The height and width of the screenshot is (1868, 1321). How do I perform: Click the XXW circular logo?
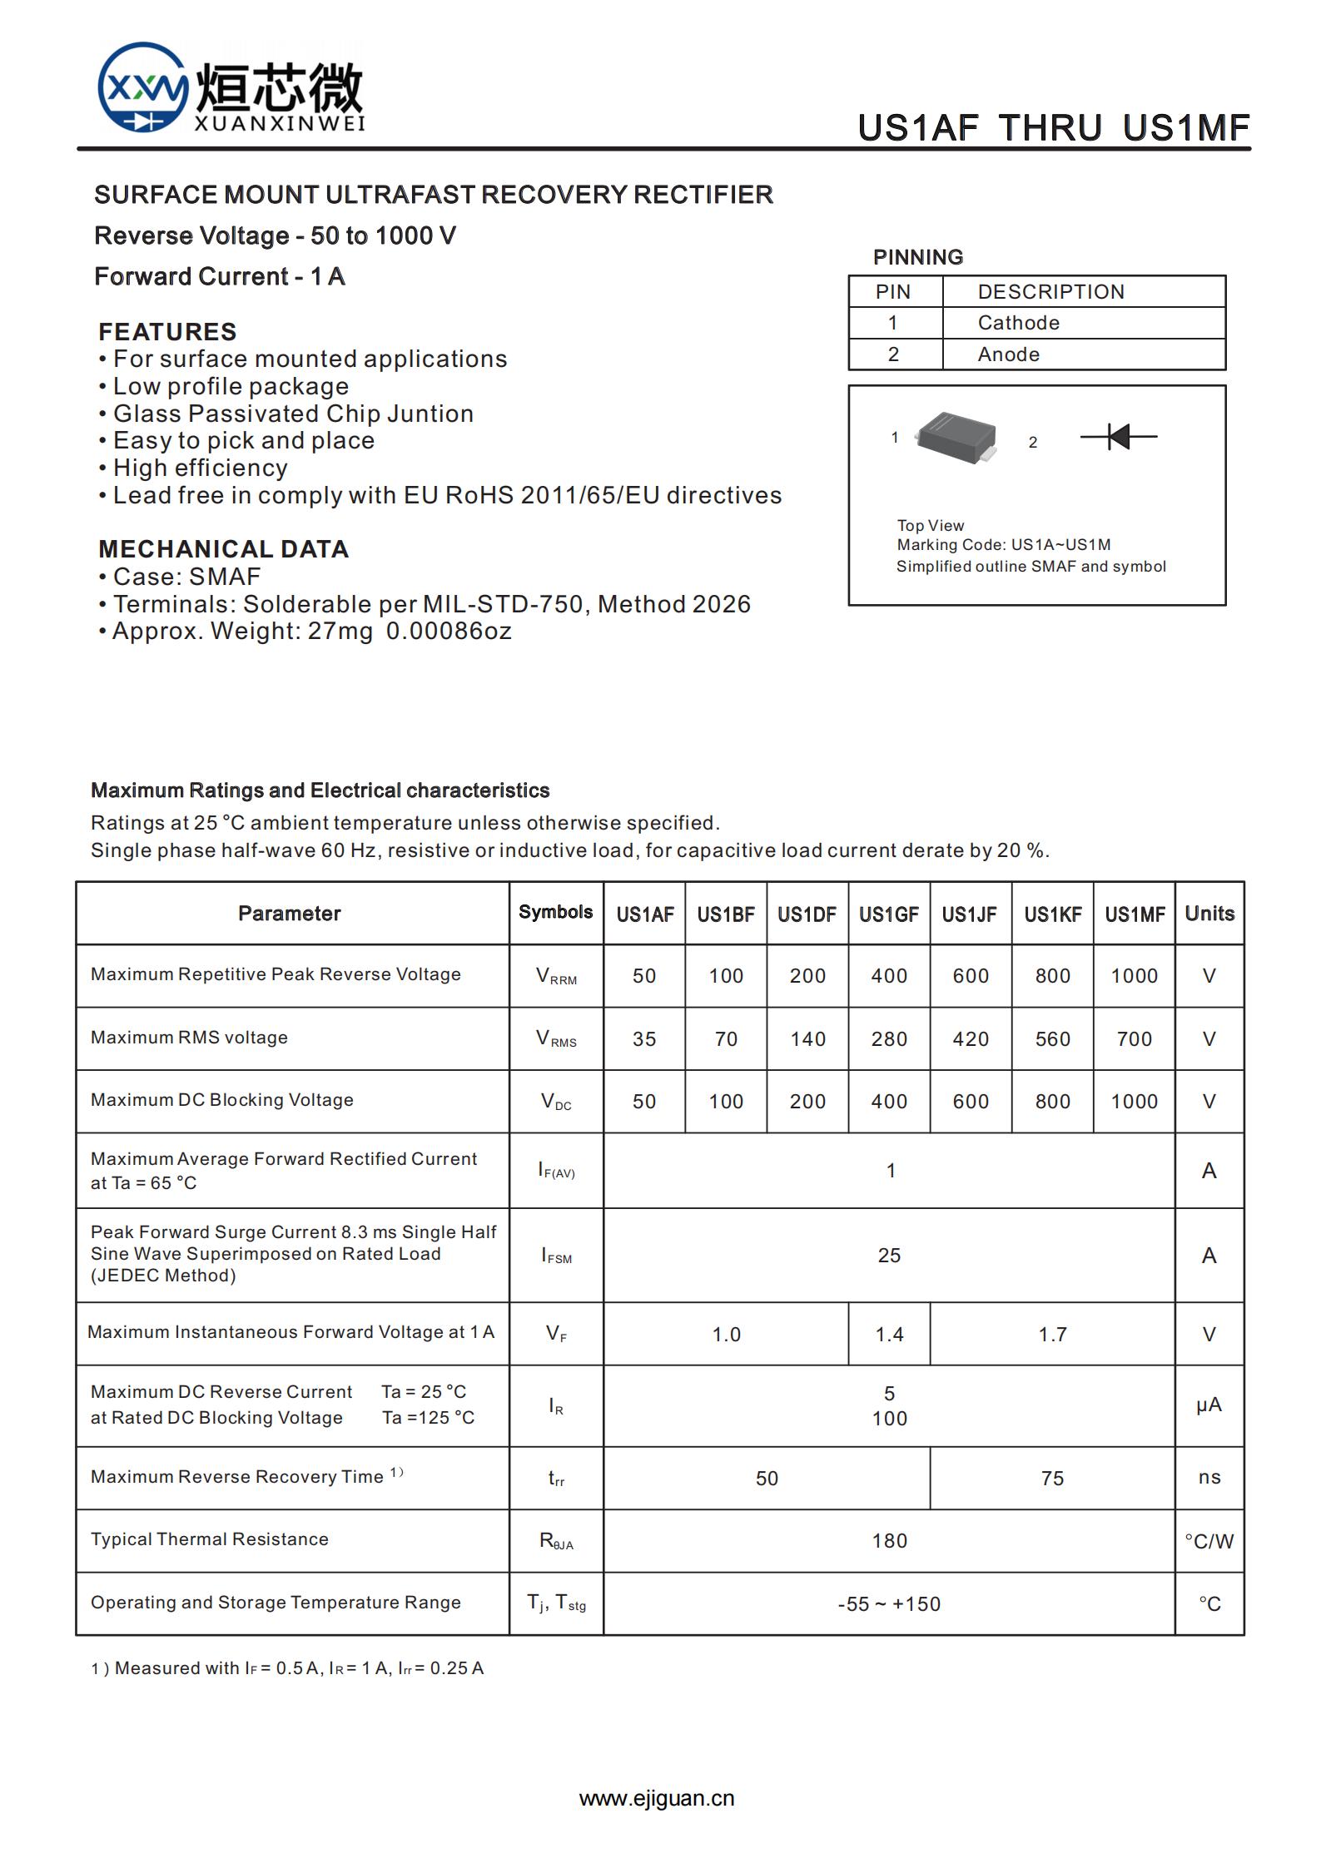click(142, 87)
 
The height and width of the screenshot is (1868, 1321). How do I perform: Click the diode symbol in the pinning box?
click(1119, 436)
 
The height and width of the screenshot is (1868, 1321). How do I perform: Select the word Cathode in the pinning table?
click(1018, 323)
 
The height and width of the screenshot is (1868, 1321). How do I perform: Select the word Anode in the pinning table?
click(1008, 354)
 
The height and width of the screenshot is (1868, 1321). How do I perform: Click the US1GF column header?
click(889, 914)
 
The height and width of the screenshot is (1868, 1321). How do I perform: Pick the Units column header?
click(1209, 914)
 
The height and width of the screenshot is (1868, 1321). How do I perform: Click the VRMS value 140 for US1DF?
click(807, 1039)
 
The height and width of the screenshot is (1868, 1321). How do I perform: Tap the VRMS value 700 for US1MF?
click(1134, 1039)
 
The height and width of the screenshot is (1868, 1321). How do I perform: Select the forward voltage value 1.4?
click(889, 1335)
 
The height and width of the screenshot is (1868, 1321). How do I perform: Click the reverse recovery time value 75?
click(1052, 1479)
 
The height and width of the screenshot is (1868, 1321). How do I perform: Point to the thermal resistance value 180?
click(889, 1541)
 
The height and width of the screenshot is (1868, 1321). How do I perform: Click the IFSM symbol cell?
click(556, 1256)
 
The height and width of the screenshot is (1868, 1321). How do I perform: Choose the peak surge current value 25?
click(889, 1256)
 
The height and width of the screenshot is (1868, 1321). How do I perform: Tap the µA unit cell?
click(1209, 1405)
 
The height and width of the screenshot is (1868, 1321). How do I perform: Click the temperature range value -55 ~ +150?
click(889, 1604)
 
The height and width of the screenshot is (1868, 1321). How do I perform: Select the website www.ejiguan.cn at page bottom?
click(657, 1798)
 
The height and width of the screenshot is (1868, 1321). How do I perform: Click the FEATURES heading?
click(167, 332)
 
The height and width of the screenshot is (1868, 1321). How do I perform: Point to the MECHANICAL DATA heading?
click(223, 549)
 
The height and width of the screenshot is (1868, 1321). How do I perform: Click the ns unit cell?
click(1209, 1478)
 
